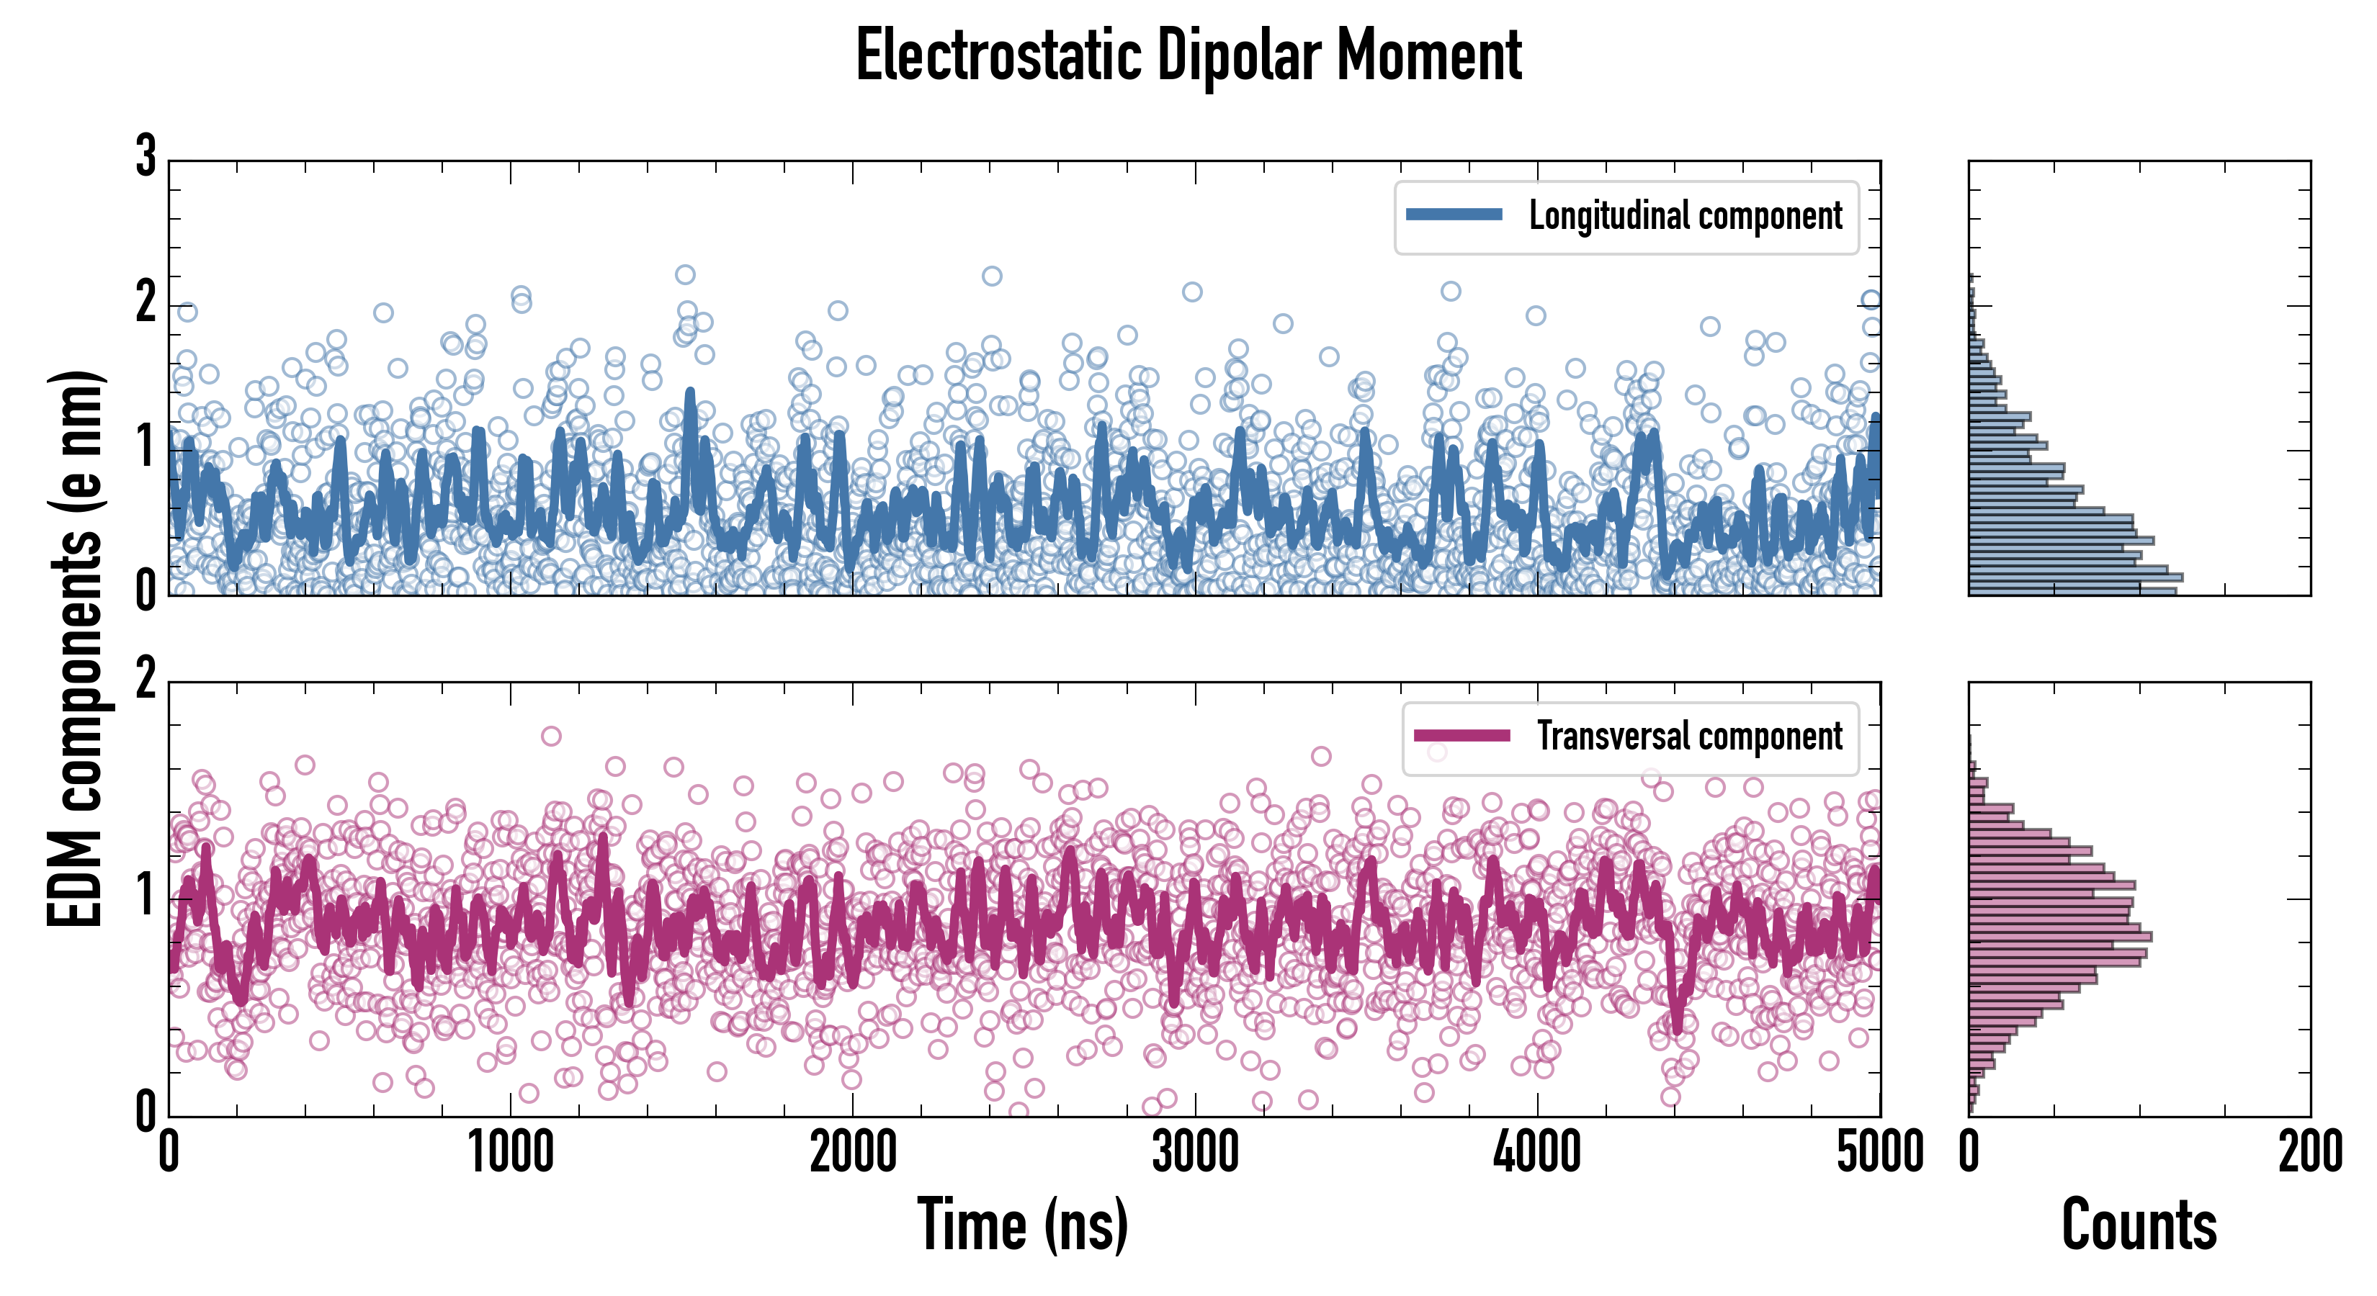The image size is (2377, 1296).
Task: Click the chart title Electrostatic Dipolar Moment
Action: tap(1188, 55)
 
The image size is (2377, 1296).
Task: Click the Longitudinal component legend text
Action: tap(1685, 216)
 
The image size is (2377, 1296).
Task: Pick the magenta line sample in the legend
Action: tap(1461, 736)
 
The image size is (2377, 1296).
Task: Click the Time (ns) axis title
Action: tap(1022, 1224)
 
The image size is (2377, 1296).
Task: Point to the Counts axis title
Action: tap(2139, 1224)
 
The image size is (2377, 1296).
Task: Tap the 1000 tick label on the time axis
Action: tap(510, 1152)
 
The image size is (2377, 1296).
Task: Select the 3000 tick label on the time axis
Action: tap(1195, 1152)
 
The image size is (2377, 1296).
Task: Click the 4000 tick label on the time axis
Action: tap(1537, 1152)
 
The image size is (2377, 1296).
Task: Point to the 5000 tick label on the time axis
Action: tap(1880, 1152)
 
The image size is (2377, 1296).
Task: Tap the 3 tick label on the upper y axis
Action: tap(146, 157)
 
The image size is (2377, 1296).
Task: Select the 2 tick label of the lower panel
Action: tap(146, 680)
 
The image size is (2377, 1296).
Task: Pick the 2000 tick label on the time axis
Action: tap(853, 1152)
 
